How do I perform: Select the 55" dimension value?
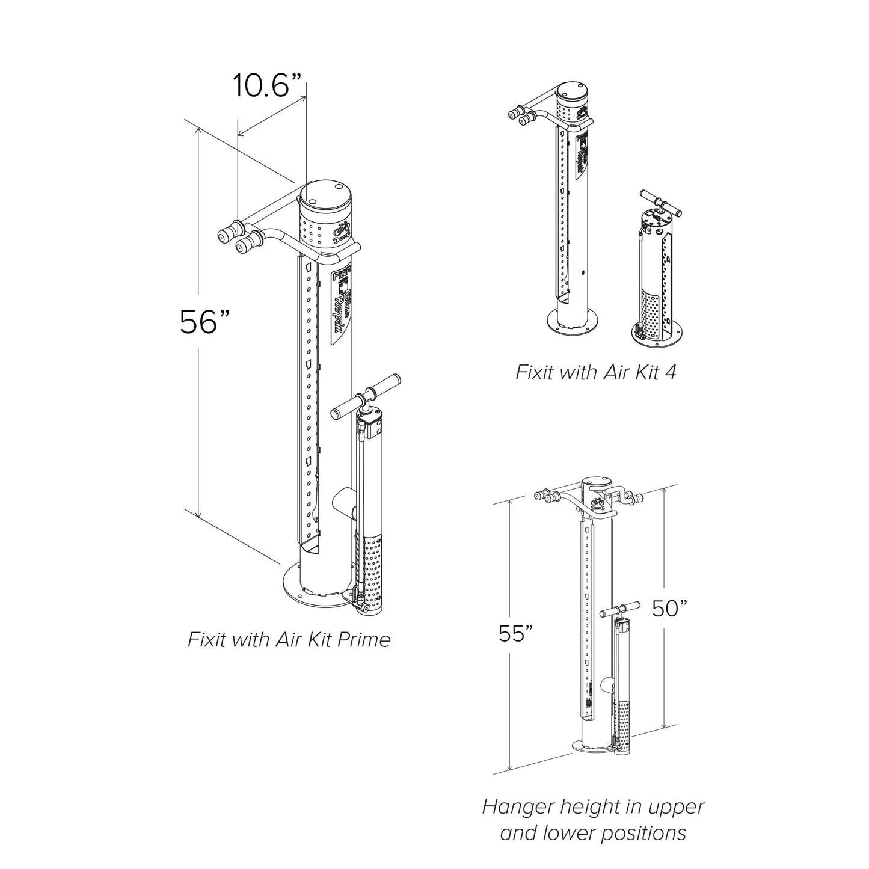coord(516,633)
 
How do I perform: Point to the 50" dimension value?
coord(669,609)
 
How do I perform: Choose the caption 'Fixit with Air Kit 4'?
coord(595,372)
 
